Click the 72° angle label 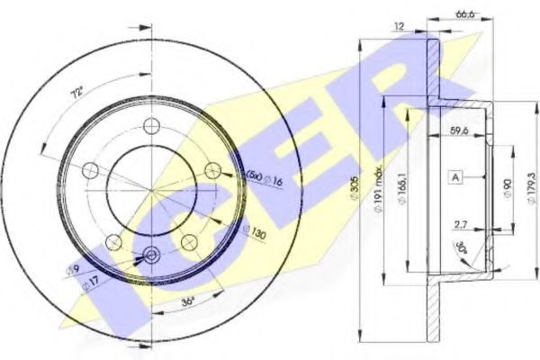click(77, 91)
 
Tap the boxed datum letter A click(456, 178)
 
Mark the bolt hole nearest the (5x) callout click(212, 170)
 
